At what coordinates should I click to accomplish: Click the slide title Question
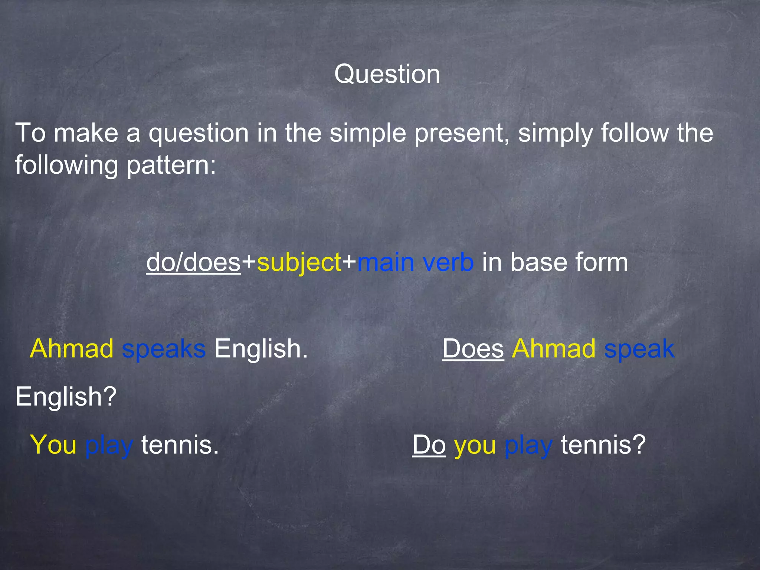pos(387,74)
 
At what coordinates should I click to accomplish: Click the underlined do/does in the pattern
pos(193,262)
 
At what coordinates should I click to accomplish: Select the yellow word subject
pos(299,262)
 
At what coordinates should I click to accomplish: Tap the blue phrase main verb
pos(415,262)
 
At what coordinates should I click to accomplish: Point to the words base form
pos(569,262)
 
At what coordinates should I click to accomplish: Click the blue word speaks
pos(164,349)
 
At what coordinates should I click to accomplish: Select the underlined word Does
pos(473,349)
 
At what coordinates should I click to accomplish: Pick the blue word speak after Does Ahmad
pos(639,349)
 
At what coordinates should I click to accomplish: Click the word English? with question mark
pos(66,397)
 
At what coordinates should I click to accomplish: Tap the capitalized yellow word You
pos(53,445)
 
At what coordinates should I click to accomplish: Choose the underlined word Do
pos(429,445)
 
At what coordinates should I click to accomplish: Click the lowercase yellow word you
pos(475,445)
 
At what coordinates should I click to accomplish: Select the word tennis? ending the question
pos(603,445)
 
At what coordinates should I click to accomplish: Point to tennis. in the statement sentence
pos(180,445)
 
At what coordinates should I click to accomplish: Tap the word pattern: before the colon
pos(171,165)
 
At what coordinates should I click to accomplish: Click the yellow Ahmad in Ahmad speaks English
pos(72,349)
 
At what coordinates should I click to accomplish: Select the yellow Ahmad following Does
pos(554,349)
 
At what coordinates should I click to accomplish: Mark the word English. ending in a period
pos(261,349)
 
